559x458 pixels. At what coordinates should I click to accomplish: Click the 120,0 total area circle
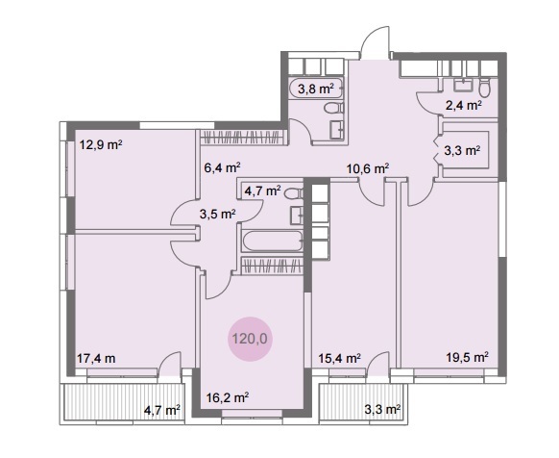(x=250, y=339)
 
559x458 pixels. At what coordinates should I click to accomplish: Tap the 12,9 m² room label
(x=101, y=145)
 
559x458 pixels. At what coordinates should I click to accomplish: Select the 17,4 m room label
(x=96, y=358)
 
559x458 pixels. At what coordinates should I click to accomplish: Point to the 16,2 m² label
(x=228, y=397)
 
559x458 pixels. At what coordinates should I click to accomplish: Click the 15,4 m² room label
(x=339, y=358)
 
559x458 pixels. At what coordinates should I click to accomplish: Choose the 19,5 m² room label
(x=468, y=357)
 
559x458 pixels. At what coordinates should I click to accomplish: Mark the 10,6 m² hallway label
(x=368, y=168)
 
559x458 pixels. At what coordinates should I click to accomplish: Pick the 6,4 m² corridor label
(x=222, y=167)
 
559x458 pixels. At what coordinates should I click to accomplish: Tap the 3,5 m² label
(x=217, y=214)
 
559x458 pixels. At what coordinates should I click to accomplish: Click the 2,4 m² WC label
(x=464, y=106)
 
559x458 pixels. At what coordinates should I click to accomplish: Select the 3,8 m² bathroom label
(x=316, y=89)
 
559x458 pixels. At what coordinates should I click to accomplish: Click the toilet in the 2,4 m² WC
(x=484, y=88)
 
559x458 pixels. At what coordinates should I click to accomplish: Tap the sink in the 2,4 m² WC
(x=463, y=85)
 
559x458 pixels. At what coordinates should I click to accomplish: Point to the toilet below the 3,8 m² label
(x=333, y=108)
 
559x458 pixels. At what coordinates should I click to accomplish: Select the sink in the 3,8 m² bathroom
(x=337, y=130)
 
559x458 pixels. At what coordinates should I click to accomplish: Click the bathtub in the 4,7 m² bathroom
(x=273, y=242)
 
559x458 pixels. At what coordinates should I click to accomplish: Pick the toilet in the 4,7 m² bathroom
(x=294, y=194)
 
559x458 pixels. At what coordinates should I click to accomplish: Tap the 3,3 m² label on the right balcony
(x=382, y=409)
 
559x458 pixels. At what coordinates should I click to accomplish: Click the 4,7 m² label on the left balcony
(x=162, y=410)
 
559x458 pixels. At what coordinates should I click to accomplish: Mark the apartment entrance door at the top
(x=375, y=43)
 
